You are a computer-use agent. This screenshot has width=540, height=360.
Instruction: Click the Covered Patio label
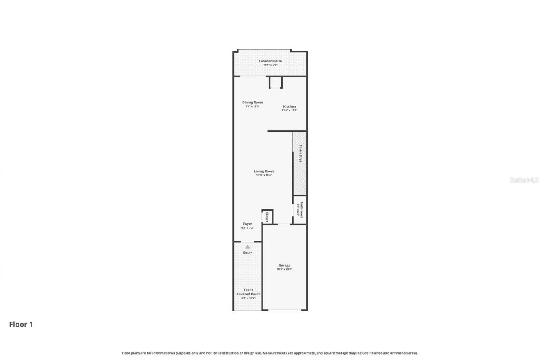pyautogui.click(x=270, y=61)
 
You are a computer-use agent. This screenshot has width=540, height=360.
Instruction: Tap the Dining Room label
pyautogui.click(x=252, y=103)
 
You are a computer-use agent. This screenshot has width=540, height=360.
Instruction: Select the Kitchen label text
pyautogui.click(x=289, y=106)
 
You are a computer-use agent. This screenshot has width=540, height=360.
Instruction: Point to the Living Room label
pyautogui.click(x=264, y=171)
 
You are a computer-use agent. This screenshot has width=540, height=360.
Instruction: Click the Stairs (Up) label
pyautogui.click(x=300, y=153)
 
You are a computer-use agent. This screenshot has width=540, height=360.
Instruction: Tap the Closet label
pyautogui.click(x=267, y=217)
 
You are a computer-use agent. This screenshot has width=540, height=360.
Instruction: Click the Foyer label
pyautogui.click(x=247, y=224)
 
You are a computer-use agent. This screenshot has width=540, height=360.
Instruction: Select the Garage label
pyautogui.click(x=284, y=265)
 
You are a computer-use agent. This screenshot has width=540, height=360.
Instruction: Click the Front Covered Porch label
pyautogui.click(x=248, y=292)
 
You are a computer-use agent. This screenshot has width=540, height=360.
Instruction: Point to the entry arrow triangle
pyautogui.click(x=248, y=246)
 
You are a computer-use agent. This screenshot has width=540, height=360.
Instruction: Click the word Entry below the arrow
pyautogui.click(x=248, y=253)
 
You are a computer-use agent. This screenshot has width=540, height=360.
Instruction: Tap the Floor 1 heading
pyautogui.click(x=21, y=325)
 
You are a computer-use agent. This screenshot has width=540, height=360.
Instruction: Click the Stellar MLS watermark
pyautogui.click(x=524, y=180)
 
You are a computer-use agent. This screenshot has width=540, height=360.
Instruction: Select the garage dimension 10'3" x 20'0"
pyautogui.click(x=284, y=269)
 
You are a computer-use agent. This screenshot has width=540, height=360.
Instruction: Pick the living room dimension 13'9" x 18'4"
pyautogui.click(x=264, y=175)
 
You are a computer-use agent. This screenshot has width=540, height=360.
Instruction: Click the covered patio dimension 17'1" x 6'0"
pyautogui.click(x=270, y=65)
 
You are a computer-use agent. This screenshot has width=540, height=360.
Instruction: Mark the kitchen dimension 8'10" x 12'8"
pyautogui.click(x=289, y=111)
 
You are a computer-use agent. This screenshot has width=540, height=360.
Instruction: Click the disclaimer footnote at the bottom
pyautogui.click(x=270, y=353)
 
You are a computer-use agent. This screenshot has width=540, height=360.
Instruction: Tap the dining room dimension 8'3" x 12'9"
pyautogui.click(x=252, y=106)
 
